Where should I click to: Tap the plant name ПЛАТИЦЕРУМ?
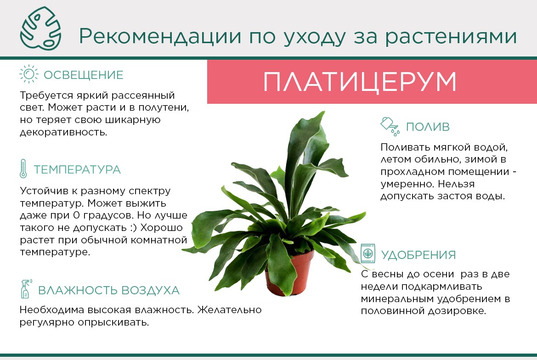tap(360, 82)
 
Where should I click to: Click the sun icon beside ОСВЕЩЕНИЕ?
tap(29, 74)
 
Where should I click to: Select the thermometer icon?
tap(23, 169)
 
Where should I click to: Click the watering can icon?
tap(390, 126)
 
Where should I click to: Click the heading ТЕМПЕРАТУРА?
tap(77, 170)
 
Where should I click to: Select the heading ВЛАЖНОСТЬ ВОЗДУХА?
tap(108, 290)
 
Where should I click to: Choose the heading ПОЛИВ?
tap(427, 127)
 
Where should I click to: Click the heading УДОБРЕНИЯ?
tap(418, 255)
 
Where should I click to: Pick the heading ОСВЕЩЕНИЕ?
tap(83, 75)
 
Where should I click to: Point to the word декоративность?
tap(63, 132)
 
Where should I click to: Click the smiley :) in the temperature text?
tap(134, 228)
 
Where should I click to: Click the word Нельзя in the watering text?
tap(456, 184)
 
